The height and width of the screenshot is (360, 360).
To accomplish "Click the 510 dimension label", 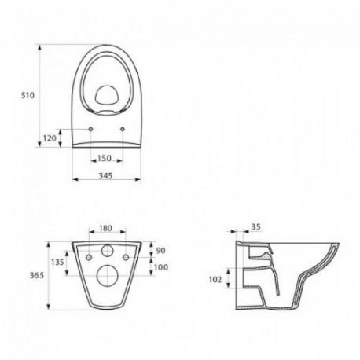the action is (28, 95).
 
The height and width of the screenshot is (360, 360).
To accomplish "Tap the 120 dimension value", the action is (50, 138).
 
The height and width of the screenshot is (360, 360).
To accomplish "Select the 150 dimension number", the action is (105, 158).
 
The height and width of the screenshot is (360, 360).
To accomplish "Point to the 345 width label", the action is (105, 175).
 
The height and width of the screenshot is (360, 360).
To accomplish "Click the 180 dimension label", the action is (105, 228).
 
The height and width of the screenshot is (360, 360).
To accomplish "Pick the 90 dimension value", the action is (161, 251).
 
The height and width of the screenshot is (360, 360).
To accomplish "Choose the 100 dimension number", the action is (161, 267).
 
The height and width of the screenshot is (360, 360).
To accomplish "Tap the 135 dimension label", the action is (57, 262).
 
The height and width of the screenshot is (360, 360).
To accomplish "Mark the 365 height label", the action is (37, 275).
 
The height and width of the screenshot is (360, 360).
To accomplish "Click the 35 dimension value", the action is (256, 226).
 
